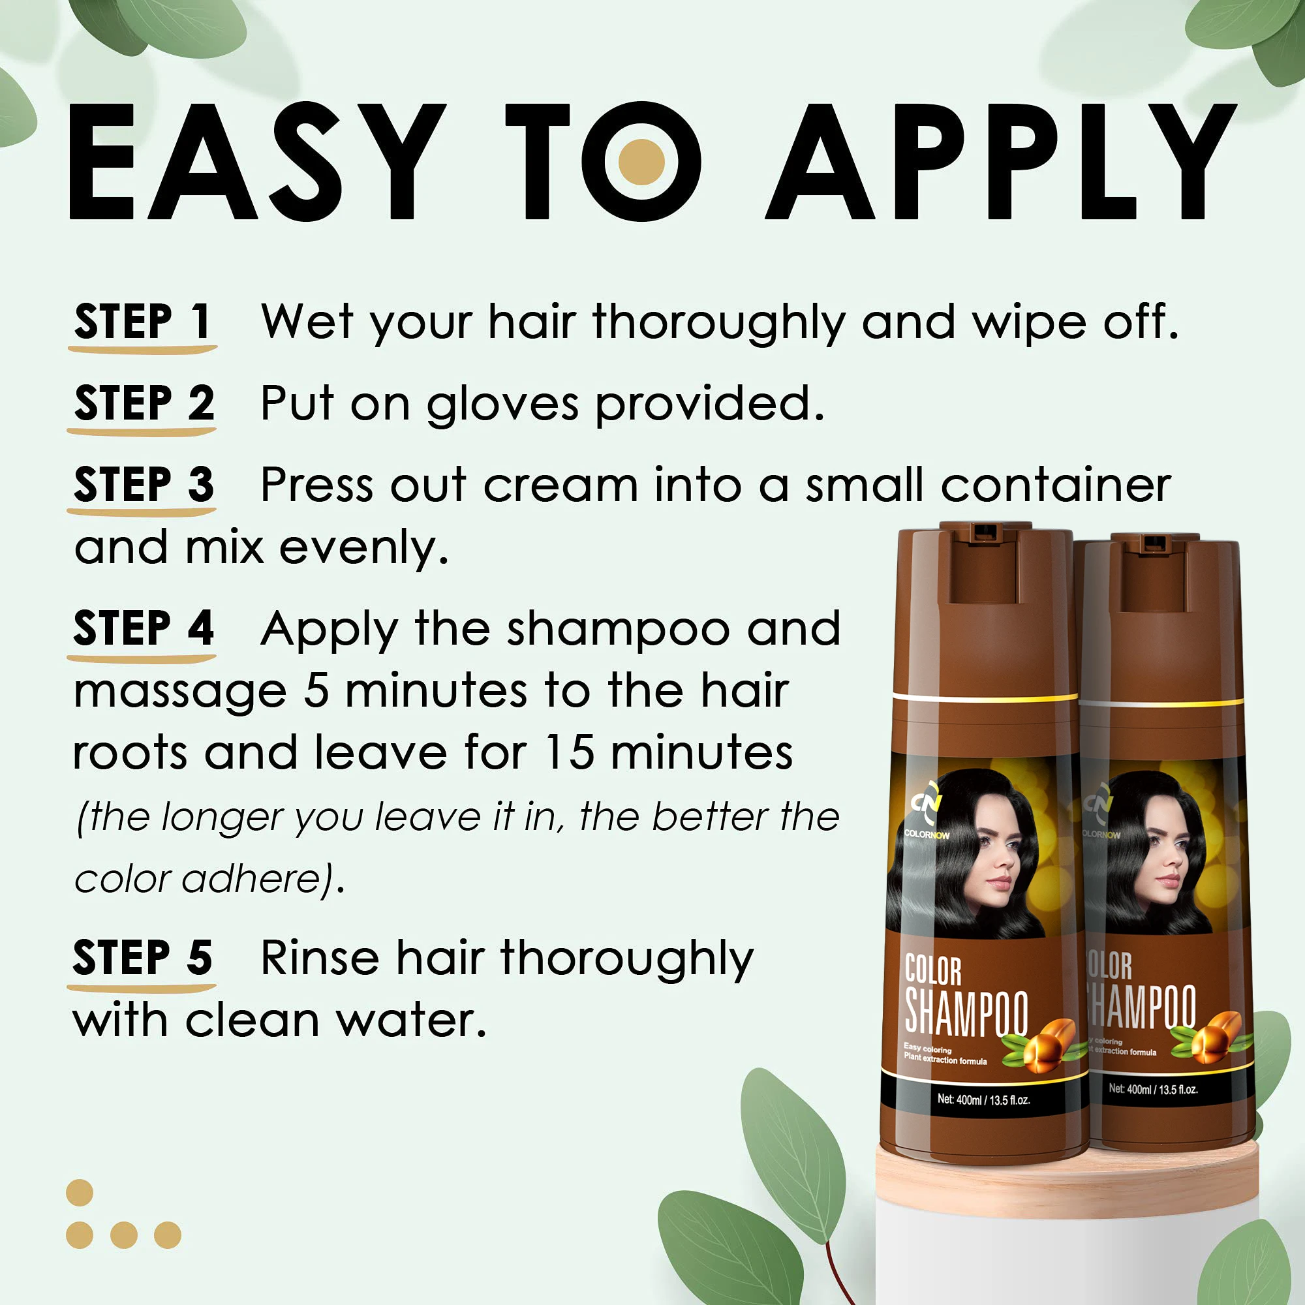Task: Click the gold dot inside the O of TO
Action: point(641,162)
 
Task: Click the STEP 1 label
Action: point(142,322)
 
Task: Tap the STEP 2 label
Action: point(144,403)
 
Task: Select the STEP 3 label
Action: point(144,484)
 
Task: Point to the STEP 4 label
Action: point(144,628)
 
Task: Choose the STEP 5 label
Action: point(142,958)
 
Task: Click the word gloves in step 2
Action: point(502,405)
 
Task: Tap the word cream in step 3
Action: point(560,485)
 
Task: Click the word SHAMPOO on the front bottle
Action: point(966,1013)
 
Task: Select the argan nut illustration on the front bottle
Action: point(1047,1044)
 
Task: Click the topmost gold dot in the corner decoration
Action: point(80,1193)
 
